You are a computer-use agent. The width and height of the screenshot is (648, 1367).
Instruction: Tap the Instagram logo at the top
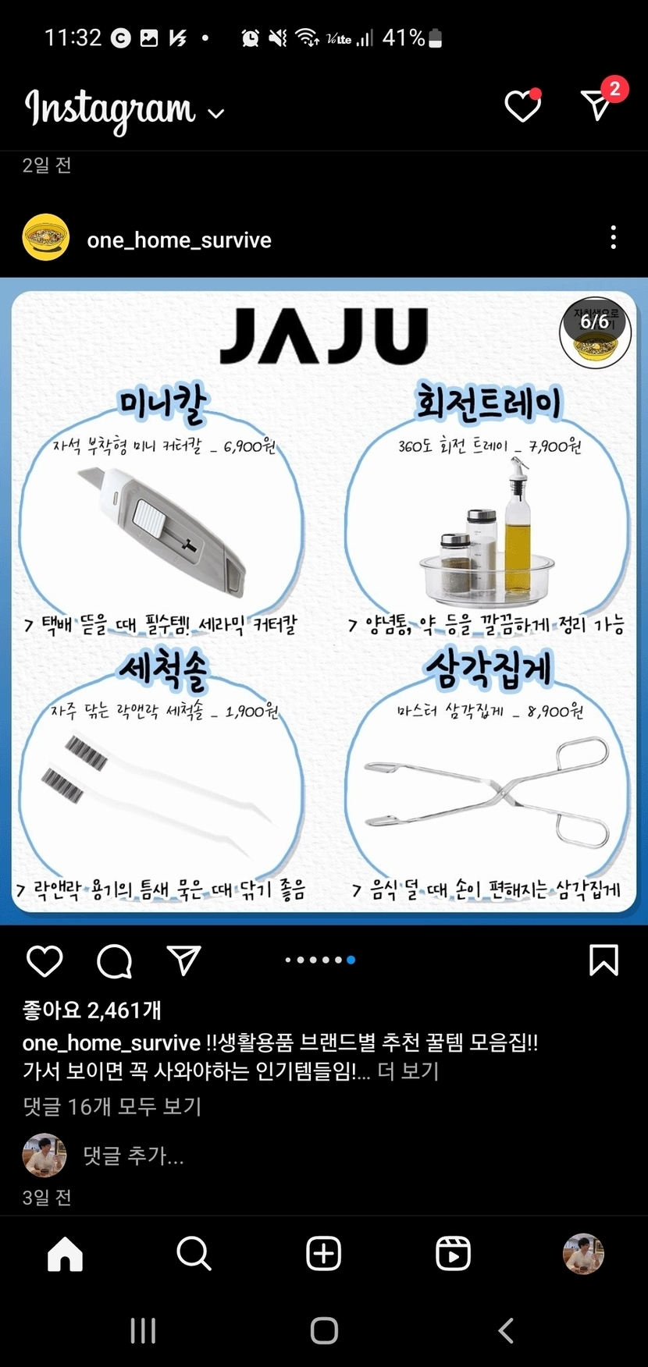(x=111, y=110)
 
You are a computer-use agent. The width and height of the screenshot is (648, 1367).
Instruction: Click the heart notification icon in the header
(x=523, y=105)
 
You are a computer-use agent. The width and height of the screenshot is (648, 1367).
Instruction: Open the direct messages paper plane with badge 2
(x=601, y=101)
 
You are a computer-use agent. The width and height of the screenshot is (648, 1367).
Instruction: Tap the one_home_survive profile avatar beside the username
(x=46, y=237)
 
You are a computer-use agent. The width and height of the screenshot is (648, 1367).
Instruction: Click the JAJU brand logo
(x=324, y=336)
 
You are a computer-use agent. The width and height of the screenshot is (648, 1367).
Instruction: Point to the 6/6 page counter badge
(x=594, y=321)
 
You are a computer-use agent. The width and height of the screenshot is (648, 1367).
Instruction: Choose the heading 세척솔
(x=163, y=669)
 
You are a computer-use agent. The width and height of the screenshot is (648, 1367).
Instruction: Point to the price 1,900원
(x=251, y=711)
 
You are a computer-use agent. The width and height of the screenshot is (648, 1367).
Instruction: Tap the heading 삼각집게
(x=489, y=669)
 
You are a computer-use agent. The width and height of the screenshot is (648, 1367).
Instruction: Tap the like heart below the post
(x=45, y=961)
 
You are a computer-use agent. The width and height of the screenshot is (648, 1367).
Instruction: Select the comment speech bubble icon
(x=115, y=961)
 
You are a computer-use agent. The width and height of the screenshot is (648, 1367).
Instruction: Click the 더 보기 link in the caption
(x=408, y=1071)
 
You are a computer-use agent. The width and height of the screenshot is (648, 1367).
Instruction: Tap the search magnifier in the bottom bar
(x=194, y=1254)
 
